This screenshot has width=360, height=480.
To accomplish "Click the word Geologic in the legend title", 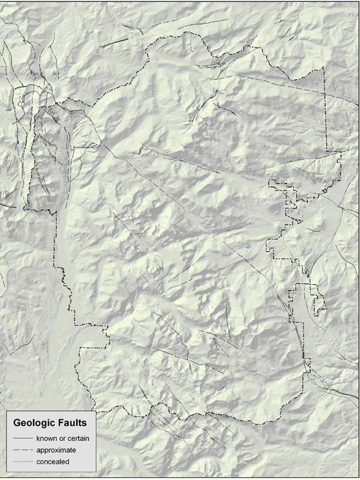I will (x=36, y=423).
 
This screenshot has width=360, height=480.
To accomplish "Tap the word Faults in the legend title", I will (x=73, y=423).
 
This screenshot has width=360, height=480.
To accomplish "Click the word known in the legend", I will (x=46, y=438).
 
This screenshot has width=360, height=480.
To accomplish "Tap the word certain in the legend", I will (x=79, y=438).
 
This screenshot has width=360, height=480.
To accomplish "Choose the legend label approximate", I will (x=56, y=450).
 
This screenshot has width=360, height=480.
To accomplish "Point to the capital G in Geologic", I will (x=17, y=423).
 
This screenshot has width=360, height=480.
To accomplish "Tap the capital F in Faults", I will (x=61, y=423).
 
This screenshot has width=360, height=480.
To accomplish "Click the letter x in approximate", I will (x=56, y=450).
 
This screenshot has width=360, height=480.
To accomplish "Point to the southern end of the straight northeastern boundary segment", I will (x=326, y=151).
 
